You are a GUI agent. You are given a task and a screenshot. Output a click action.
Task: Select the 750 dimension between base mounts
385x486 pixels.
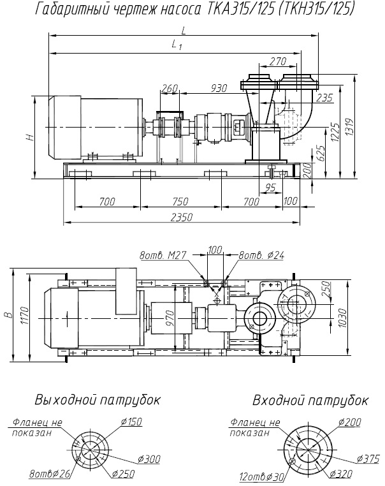tap(180, 202)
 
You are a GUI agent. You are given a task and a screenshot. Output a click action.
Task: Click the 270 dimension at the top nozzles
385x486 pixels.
tap(277, 62)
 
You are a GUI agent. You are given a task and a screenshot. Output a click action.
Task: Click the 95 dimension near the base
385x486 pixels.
tap(270, 187)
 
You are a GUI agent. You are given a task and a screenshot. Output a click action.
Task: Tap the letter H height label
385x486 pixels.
tap(29, 137)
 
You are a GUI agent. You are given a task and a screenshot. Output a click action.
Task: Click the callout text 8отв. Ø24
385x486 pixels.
tap(260, 256)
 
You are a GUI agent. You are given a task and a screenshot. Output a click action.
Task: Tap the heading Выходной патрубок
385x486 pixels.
tap(98, 400)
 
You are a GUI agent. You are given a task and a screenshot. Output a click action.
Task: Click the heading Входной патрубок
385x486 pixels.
tap(310, 400)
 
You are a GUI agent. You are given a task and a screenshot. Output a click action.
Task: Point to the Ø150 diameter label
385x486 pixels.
tap(131, 422)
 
